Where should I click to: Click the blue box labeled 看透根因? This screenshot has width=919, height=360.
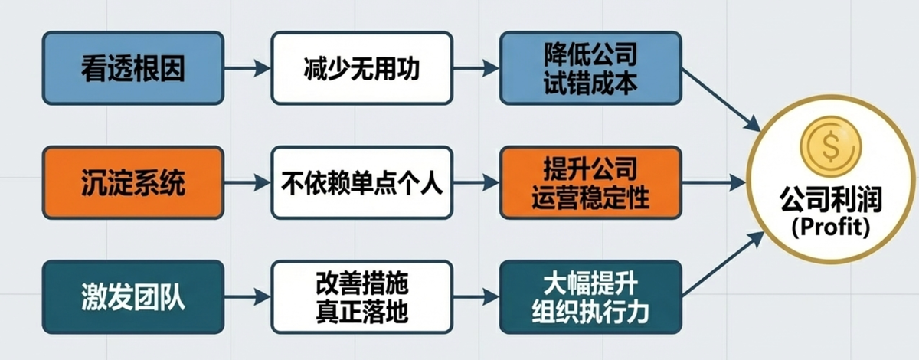click(x=133, y=68)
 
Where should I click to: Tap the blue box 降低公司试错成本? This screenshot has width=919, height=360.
click(x=590, y=68)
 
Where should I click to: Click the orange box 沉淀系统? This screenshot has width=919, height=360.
click(x=133, y=183)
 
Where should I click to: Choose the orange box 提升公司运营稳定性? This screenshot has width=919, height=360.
click(x=590, y=183)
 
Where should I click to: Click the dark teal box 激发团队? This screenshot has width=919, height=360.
click(x=133, y=297)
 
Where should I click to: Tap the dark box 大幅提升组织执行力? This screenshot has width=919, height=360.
click(x=590, y=297)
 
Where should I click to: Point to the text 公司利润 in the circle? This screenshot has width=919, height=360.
click(x=831, y=200)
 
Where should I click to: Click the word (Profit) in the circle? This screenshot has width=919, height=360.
click(x=831, y=227)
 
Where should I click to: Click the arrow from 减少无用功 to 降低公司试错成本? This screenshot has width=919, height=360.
click(x=475, y=69)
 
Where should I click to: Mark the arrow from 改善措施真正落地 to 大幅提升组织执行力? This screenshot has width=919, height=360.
click(x=475, y=297)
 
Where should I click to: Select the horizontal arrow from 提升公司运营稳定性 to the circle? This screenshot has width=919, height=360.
click(x=712, y=183)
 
